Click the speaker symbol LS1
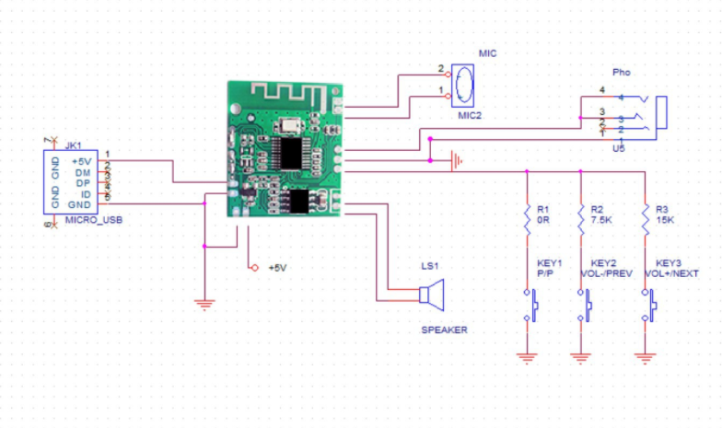pyautogui.click(x=429, y=295)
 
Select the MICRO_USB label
pyautogui.click(x=94, y=221)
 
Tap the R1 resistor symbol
pyautogui.click(x=526, y=216)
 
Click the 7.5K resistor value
pyautogui.click(x=600, y=221)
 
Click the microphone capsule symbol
pyautogui.click(x=466, y=85)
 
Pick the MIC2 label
pyautogui.click(x=471, y=115)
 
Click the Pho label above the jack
pyautogui.click(x=622, y=72)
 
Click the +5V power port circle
pyautogui.click(x=253, y=268)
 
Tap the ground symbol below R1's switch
pyautogui.click(x=526, y=356)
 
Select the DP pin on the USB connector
pyautogui.click(x=83, y=182)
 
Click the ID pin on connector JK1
pyautogui.click(x=86, y=193)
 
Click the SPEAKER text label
pyautogui.click(x=445, y=329)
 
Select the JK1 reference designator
pyautogui.click(x=74, y=145)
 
